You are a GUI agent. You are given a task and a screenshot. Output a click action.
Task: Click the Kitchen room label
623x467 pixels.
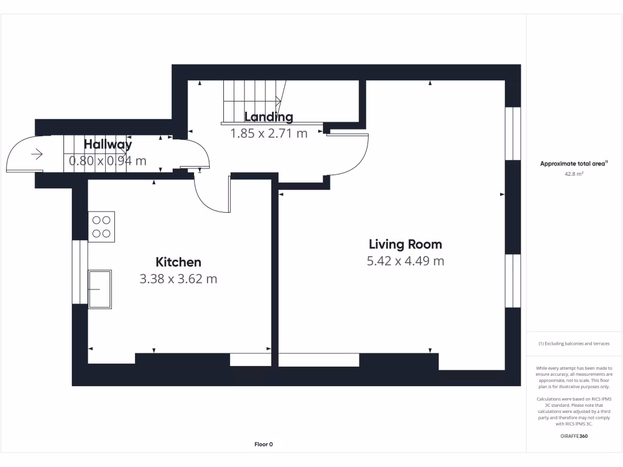[x=178, y=262]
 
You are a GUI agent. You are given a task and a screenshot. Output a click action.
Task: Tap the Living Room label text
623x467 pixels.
[x=405, y=244]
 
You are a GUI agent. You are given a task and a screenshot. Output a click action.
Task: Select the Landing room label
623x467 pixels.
[x=268, y=117]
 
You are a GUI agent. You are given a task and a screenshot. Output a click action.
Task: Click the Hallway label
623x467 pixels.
[x=108, y=145]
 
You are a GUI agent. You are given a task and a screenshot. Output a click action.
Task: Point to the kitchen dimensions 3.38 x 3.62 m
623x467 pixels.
[x=178, y=279]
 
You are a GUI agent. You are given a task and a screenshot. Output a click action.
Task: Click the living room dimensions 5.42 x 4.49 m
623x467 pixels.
[x=405, y=261]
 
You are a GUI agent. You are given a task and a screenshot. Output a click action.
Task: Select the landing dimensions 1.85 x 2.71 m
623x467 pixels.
[x=268, y=133]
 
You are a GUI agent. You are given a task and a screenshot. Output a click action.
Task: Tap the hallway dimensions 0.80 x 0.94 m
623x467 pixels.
[x=108, y=161]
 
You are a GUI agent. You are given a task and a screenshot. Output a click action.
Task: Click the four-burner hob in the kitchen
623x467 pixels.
[x=102, y=227]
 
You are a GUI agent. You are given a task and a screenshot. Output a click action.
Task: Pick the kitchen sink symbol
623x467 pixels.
[x=100, y=289]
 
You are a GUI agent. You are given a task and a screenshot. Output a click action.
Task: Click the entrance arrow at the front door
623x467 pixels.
[x=37, y=154]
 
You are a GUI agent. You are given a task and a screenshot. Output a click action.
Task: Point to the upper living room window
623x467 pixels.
[x=512, y=134]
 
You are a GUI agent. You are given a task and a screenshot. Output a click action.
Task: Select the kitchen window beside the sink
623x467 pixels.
[x=80, y=272]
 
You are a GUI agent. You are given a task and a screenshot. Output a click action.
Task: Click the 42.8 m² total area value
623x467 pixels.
[x=574, y=173]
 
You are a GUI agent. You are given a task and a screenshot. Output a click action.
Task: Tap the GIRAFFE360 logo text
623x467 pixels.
[x=574, y=436]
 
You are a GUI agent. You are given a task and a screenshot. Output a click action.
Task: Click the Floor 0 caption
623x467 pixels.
[x=263, y=445]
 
